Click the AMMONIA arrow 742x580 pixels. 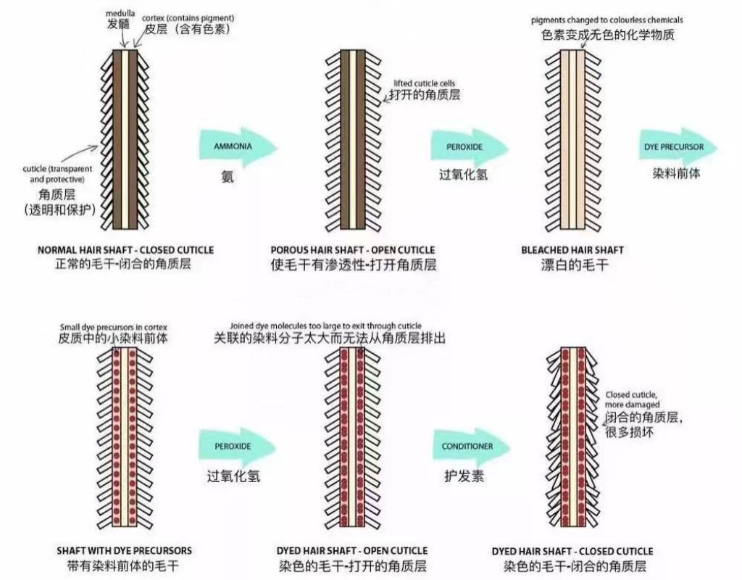(x=238, y=146)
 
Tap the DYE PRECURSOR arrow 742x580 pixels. (x=679, y=147)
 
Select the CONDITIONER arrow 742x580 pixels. (x=472, y=447)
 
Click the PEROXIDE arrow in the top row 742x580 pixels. (x=470, y=147)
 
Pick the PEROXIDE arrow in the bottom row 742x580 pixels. (x=238, y=447)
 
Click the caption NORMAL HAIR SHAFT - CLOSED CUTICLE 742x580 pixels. (x=126, y=250)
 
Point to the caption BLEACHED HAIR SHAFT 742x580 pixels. (x=572, y=250)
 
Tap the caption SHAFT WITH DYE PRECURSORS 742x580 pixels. (x=125, y=551)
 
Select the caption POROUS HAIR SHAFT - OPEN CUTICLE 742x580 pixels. (x=353, y=250)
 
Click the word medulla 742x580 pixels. (x=120, y=13)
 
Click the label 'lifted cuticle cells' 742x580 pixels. (x=425, y=83)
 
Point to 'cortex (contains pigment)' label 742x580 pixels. (x=188, y=18)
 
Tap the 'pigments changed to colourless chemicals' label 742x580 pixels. (x=607, y=20)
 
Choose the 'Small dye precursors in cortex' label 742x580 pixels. (x=114, y=327)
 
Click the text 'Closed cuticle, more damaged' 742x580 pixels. (x=632, y=399)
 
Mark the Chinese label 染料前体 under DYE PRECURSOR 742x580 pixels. (x=677, y=173)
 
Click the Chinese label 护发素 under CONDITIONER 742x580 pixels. (x=464, y=476)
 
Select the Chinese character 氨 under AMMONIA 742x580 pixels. (x=228, y=177)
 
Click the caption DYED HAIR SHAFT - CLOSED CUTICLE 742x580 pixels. (x=572, y=551)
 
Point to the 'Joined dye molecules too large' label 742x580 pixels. (x=325, y=326)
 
